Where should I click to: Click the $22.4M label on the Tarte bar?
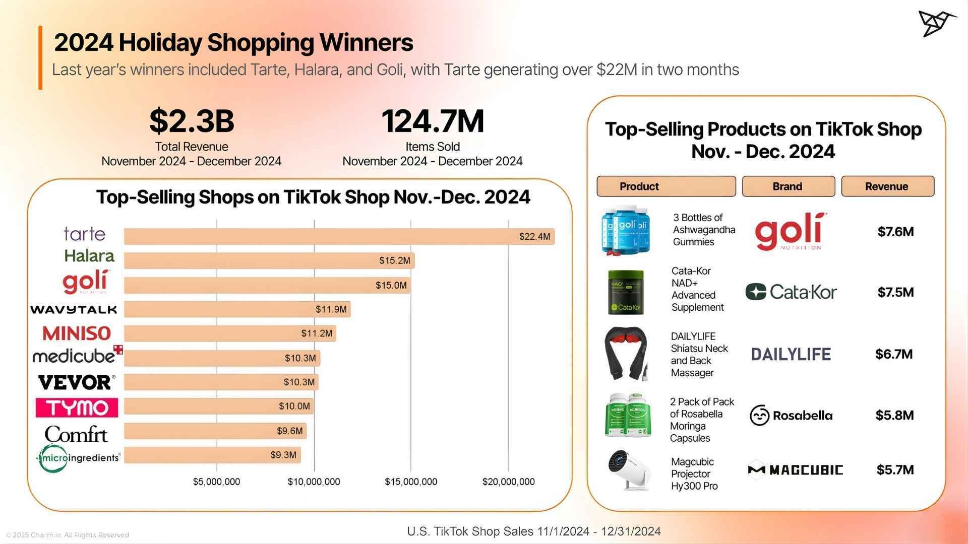534,237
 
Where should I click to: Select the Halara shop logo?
89,256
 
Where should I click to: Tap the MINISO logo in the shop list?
77,333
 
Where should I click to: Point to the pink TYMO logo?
77,407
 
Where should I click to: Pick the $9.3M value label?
283,455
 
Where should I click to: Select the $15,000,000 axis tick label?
411,482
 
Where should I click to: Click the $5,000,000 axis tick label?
216,482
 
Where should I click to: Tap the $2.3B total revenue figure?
192,121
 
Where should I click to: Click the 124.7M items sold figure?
433,121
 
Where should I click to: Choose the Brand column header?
788,186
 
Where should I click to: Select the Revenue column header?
887,186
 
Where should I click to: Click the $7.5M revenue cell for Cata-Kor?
895,293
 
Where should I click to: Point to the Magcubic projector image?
628,470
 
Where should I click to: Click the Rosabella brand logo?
791,416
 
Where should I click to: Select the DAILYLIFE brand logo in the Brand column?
791,354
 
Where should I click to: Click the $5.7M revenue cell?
895,470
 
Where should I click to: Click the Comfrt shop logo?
76,434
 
